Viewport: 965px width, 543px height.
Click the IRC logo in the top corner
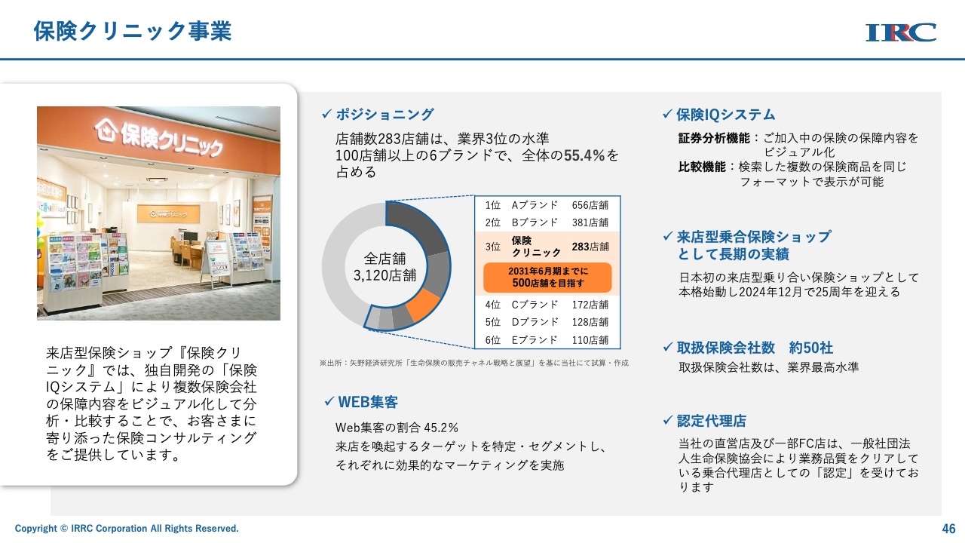[901, 32]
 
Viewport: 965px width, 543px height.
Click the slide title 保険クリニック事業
[133, 31]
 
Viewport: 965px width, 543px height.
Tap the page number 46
[948, 529]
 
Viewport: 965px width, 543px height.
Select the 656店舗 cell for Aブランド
[590, 205]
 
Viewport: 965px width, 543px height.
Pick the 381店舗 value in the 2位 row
[590, 222]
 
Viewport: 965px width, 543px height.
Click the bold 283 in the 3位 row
[581, 247]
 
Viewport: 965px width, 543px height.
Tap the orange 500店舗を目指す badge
[547, 278]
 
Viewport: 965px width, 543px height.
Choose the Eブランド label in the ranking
[535, 340]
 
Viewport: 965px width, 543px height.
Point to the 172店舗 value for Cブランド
[590, 305]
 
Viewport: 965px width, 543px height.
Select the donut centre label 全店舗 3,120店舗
[384, 267]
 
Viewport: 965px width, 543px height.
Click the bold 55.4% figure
[584, 155]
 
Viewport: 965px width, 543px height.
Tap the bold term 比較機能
[702, 167]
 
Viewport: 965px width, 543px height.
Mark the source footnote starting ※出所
[474, 363]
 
